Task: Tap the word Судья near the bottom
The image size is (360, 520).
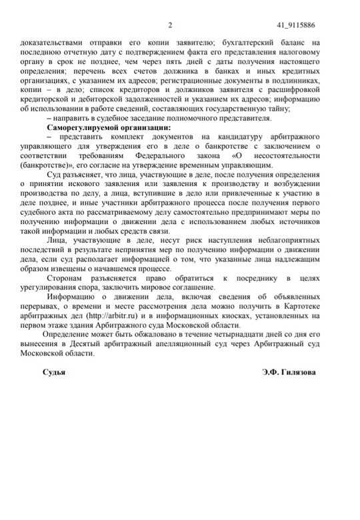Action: click(54, 371)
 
